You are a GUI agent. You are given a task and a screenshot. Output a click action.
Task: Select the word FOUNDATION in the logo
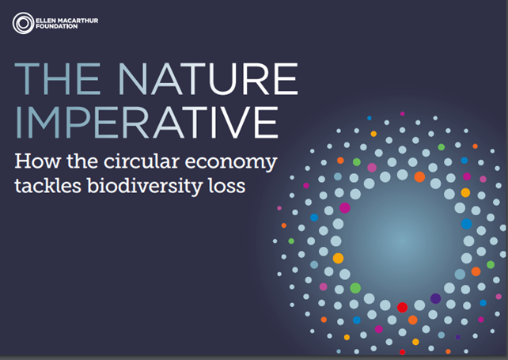tap(57, 26)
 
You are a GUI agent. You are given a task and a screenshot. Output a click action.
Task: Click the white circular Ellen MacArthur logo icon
tap(23, 23)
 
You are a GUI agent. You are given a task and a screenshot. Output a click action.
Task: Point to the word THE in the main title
tap(57, 79)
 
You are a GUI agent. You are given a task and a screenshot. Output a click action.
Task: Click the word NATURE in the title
tap(207, 79)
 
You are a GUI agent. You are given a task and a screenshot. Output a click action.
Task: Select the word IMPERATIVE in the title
tap(147, 123)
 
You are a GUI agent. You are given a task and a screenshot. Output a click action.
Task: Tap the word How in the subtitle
tap(37, 161)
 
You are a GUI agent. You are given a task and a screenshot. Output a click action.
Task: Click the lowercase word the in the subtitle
tap(82, 161)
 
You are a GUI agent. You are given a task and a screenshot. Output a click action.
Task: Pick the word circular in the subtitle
tap(142, 161)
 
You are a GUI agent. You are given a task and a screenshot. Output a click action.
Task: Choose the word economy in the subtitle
tap(231, 163)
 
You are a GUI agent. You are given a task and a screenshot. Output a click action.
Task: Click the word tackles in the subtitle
tap(47, 186)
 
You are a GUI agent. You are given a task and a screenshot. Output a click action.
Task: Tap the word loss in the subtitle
tap(227, 186)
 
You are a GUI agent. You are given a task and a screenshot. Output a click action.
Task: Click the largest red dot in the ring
tap(403, 307)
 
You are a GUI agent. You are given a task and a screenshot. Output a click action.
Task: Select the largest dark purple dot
tap(435, 298)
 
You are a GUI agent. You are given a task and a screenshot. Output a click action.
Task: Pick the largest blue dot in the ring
tap(467, 224)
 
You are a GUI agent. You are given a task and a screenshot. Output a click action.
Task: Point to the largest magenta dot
tap(345, 208)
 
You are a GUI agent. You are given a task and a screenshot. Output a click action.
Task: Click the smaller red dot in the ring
tap(403, 352)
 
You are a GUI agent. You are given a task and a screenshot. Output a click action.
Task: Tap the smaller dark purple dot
tap(458, 337)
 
